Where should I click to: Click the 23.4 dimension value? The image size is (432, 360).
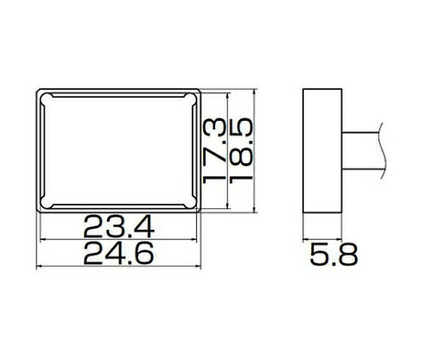point(119,227)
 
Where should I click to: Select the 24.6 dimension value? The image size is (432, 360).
point(118,254)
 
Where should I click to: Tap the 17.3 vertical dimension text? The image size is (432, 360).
point(214,150)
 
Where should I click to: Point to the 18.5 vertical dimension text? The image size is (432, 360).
point(241,149)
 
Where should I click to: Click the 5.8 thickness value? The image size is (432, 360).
point(334,255)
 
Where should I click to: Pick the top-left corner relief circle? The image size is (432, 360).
point(47,98)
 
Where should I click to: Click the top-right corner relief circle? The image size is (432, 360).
point(190,98)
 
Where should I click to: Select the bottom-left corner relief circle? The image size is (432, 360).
point(47,203)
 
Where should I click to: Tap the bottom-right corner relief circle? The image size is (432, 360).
point(190,203)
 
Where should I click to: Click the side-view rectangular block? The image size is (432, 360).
point(322,151)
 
